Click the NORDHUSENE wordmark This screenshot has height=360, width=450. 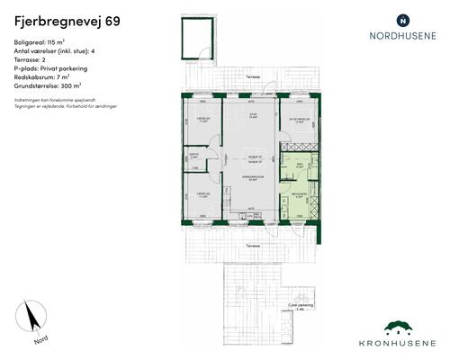[x=403, y=37]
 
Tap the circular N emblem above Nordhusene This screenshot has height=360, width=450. [x=402, y=19]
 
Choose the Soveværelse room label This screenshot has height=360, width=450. [x=299, y=119]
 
